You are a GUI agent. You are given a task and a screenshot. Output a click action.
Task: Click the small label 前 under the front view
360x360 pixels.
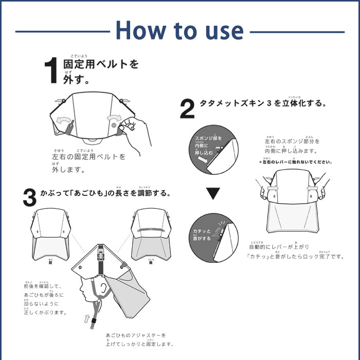coord(50,262)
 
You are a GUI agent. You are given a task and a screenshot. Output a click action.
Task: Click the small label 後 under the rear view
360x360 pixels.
coord(151,262)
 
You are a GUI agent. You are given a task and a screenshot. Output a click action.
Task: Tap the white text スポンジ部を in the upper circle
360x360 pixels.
coord(208,139)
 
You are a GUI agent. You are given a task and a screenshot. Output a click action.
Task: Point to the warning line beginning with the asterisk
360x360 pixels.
coord(296,162)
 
